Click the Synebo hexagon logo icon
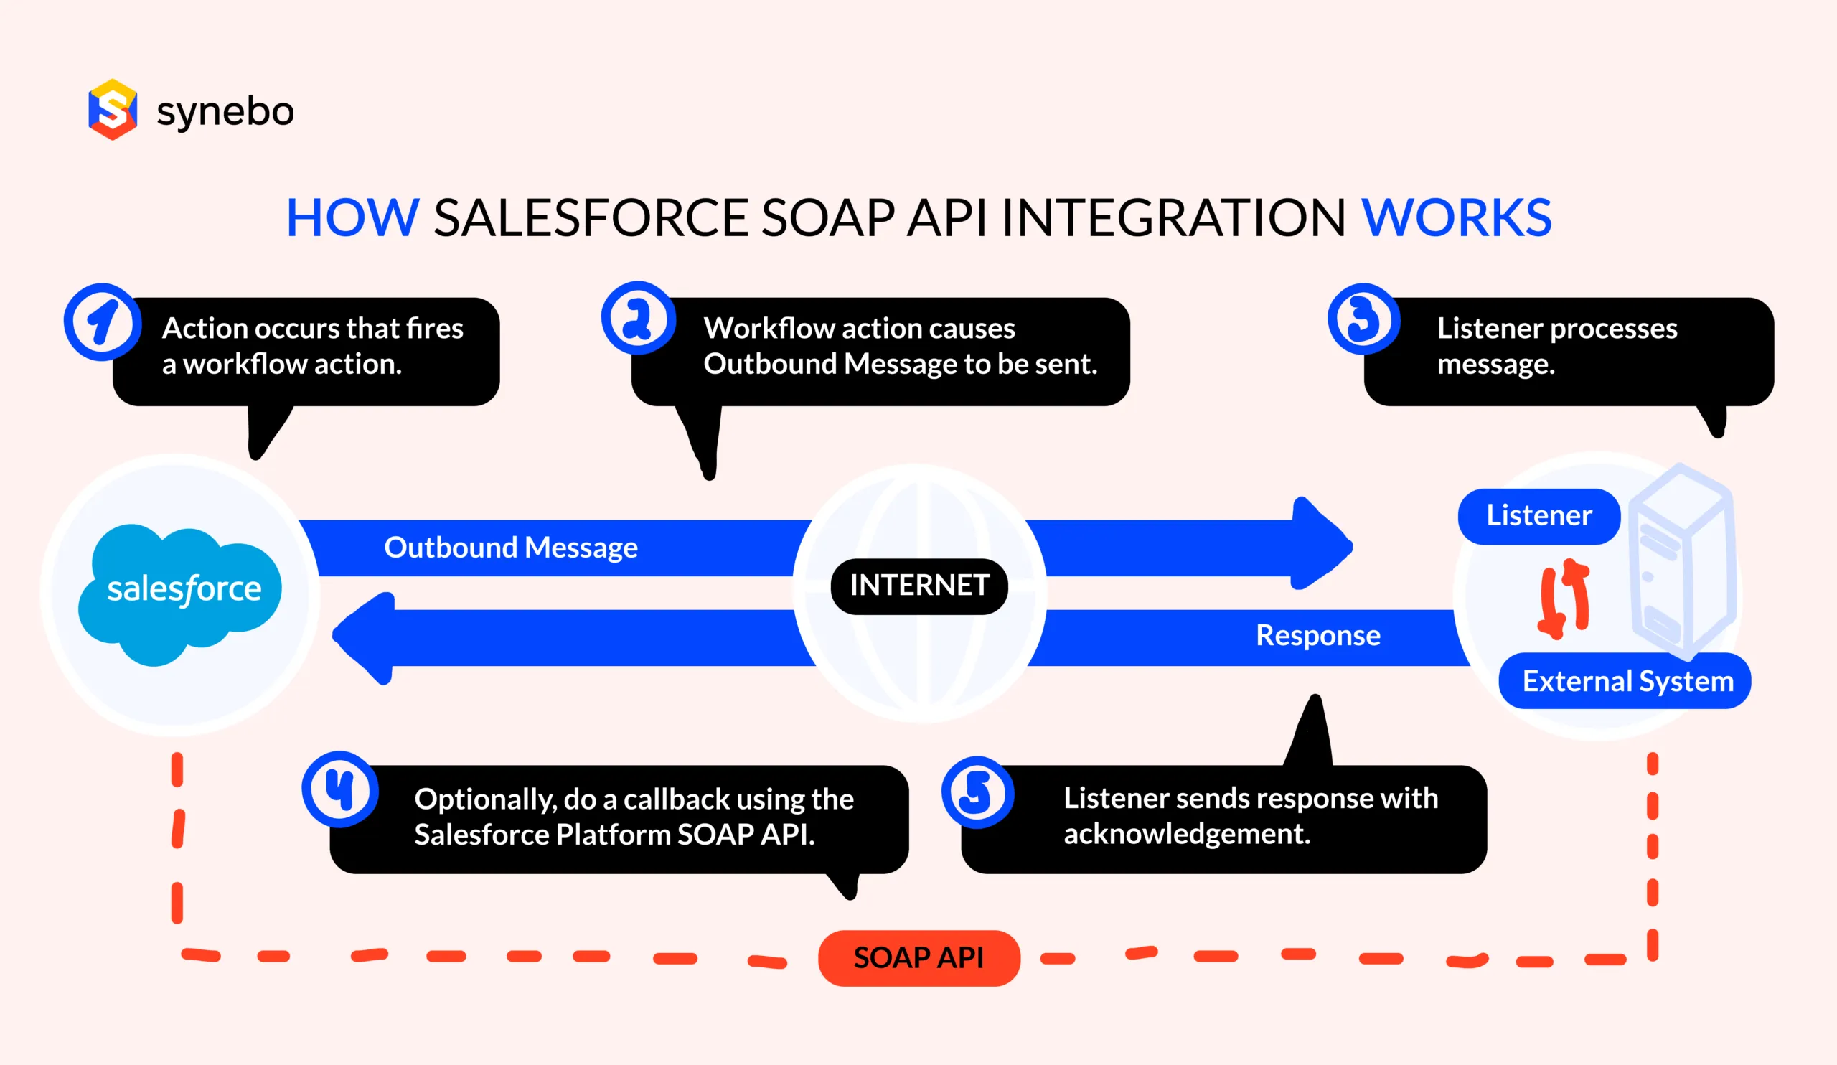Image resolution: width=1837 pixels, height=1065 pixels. click(112, 109)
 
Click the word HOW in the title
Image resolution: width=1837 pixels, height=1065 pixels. click(352, 218)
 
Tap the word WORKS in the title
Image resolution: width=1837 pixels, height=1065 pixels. click(1457, 218)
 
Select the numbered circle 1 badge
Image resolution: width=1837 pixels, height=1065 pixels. click(102, 322)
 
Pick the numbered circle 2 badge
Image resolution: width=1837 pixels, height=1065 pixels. click(638, 319)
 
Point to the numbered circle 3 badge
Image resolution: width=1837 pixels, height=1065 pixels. click(1363, 319)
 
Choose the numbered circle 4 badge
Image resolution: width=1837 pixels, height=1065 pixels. click(339, 789)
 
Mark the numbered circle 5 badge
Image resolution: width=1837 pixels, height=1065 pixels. click(977, 792)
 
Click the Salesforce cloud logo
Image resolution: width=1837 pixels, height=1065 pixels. click(181, 592)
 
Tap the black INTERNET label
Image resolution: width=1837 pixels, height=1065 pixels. click(918, 586)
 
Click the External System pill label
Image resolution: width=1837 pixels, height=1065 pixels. click(1627, 682)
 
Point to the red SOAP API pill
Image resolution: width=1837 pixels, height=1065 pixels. click(918, 958)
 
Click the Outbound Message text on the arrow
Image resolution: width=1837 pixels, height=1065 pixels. click(510, 548)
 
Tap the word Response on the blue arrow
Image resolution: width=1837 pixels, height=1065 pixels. click(1317, 636)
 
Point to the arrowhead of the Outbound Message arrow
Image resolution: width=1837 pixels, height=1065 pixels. click(1321, 545)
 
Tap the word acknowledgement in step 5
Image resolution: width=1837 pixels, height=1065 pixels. click(1186, 834)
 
